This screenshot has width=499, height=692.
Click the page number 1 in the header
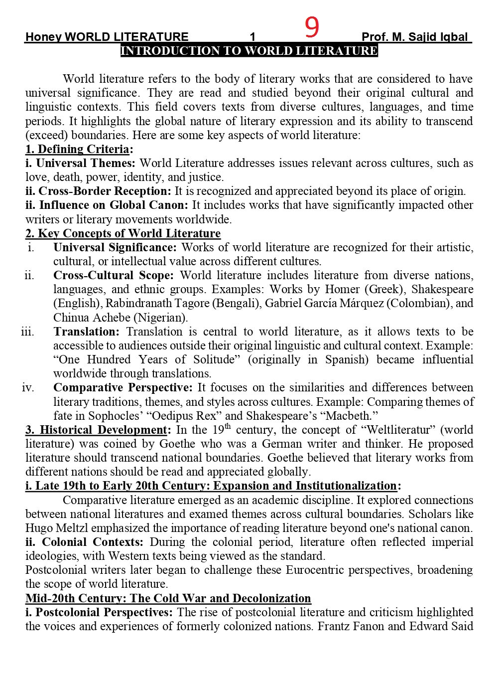coord(252,37)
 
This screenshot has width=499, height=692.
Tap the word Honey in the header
coord(43,37)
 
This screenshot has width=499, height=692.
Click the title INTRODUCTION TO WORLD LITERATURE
coord(249,51)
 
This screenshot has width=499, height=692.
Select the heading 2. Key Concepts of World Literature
coord(123,233)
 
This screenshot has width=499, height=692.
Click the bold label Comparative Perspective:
coord(123,387)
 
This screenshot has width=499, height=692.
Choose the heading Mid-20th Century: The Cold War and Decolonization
coord(168,598)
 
